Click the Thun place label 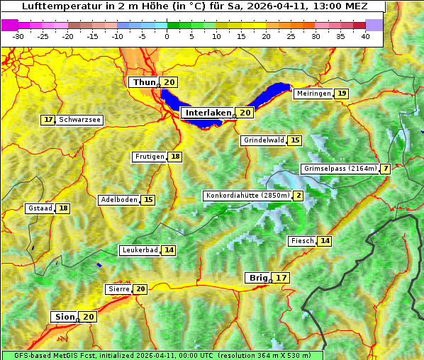click(144, 83)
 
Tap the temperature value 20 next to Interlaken click(245, 113)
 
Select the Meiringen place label click(313, 94)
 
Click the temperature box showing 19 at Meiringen click(342, 94)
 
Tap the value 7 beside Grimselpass click(385, 169)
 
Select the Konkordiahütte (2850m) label click(247, 196)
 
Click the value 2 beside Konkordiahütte click(298, 196)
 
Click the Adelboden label click(118, 200)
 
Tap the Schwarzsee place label click(79, 120)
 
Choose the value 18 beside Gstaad click(63, 208)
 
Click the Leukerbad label click(140, 250)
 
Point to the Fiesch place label click(302, 241)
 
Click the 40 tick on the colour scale click(365, 35)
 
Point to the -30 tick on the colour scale click(18, 35)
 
